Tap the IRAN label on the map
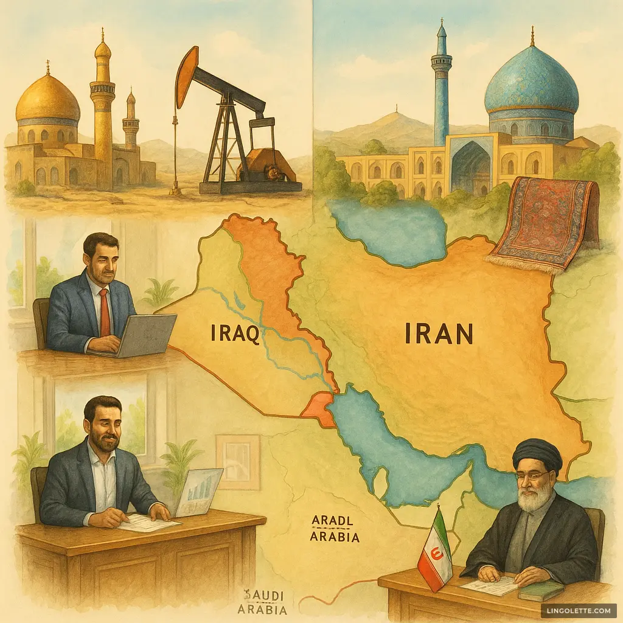pos(439,334)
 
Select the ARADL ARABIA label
pos(334,529)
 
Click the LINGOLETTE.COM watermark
pos(577,610)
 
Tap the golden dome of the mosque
pos(47,99)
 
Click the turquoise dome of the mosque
pos(531,86)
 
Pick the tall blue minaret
pos(441,85)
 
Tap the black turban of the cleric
pos(537,456)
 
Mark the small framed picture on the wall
pos(238,461)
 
